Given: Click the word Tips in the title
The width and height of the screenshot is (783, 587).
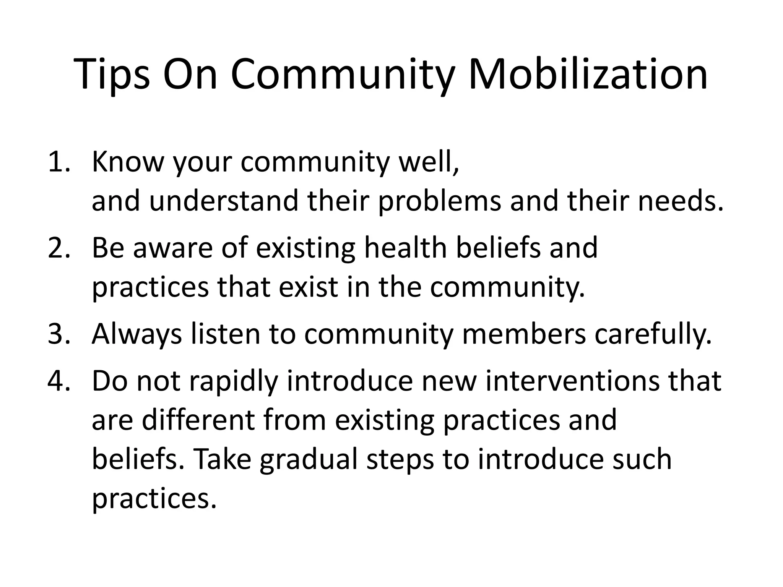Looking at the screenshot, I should click(x=113, y=75).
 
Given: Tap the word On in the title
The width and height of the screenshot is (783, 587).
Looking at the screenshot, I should click(x=191, y=75).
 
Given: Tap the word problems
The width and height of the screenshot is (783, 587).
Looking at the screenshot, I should click(x=439, y=202).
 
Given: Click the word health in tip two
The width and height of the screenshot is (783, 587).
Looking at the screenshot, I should click(x=406, y=248).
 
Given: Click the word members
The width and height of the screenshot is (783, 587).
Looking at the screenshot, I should click(x=524, y=334).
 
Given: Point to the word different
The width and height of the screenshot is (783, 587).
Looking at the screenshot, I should click(x=198, y=420).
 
